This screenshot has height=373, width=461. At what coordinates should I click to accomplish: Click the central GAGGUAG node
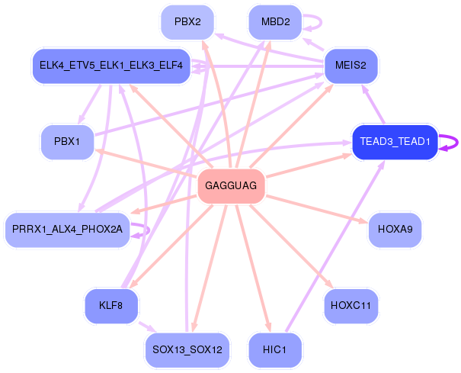[231, 186]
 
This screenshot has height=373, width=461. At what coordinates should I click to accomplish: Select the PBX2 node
[187, 22]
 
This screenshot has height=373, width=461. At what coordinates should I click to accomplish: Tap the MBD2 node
[275, 22]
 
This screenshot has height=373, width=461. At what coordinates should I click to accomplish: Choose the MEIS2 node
[351, 66]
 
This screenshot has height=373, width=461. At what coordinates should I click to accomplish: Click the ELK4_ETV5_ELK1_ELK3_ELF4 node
[110, 66]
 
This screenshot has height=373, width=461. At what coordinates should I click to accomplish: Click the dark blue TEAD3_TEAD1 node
[395, 142]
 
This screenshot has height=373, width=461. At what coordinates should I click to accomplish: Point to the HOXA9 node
[395, 230]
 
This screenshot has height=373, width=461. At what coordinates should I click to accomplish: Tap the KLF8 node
[110, 306]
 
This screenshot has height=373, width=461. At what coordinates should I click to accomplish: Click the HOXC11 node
[351, 306]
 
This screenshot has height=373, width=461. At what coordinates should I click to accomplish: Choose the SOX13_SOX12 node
[187, 350]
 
